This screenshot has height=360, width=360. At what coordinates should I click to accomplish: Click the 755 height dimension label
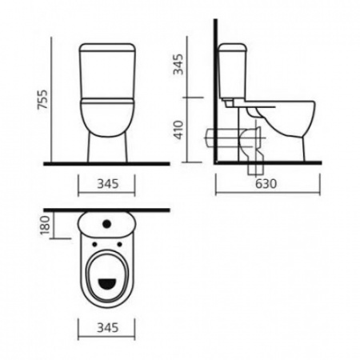[x=43, y=99]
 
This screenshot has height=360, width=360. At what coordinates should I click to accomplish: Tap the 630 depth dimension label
[x=266, y=183]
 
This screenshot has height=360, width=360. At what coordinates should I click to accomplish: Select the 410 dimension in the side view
[x=178, y=130]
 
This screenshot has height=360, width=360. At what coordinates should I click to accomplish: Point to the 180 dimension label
[x=46, y=226]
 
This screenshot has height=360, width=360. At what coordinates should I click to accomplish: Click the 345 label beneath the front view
[x=108, y=184]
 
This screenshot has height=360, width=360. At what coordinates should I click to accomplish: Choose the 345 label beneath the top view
[x=108, y=328]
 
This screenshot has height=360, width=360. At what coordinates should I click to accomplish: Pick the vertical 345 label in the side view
[x=178, y=64]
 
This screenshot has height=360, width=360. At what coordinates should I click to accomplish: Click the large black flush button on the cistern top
[x=106, y=224]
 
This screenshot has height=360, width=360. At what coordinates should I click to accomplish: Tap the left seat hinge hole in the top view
[x=94, y=244]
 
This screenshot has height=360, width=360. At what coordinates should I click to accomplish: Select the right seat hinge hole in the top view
[x=119, y=244]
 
